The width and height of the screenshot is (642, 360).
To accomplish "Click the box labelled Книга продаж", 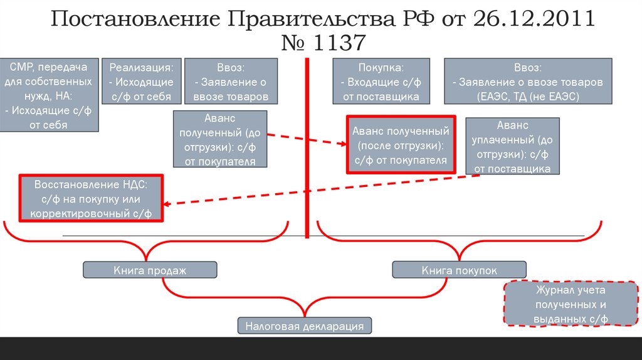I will (150, 270).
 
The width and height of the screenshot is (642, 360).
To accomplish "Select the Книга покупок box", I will (459, 270).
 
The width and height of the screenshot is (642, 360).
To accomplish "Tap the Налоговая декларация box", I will (305, 326).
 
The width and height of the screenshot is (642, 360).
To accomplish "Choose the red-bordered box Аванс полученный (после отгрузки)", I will (401, 146).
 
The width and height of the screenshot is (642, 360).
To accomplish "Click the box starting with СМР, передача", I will (50, 95).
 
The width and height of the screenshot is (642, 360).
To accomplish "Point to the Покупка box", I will (381, 82).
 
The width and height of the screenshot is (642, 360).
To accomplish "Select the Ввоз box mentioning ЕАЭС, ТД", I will (527, 82).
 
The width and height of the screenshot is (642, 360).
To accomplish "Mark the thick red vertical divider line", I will (307, 147).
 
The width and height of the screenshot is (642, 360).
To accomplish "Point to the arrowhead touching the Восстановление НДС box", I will (167, 203).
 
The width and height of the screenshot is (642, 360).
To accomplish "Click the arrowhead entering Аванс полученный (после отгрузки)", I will (343, 144).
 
